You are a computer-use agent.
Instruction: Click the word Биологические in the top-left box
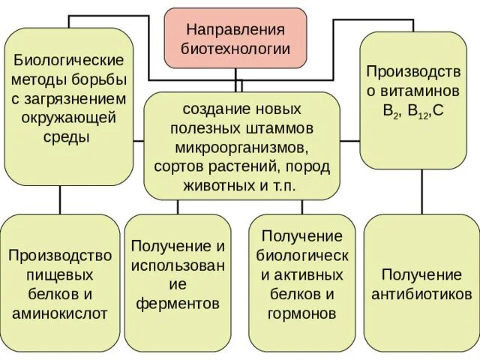pos(69,59)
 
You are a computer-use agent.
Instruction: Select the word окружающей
pos(68,118)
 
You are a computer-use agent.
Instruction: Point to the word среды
pos(68,137)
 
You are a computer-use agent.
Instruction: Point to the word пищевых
pos(61,275)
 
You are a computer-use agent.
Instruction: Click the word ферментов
pos(178,304)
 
